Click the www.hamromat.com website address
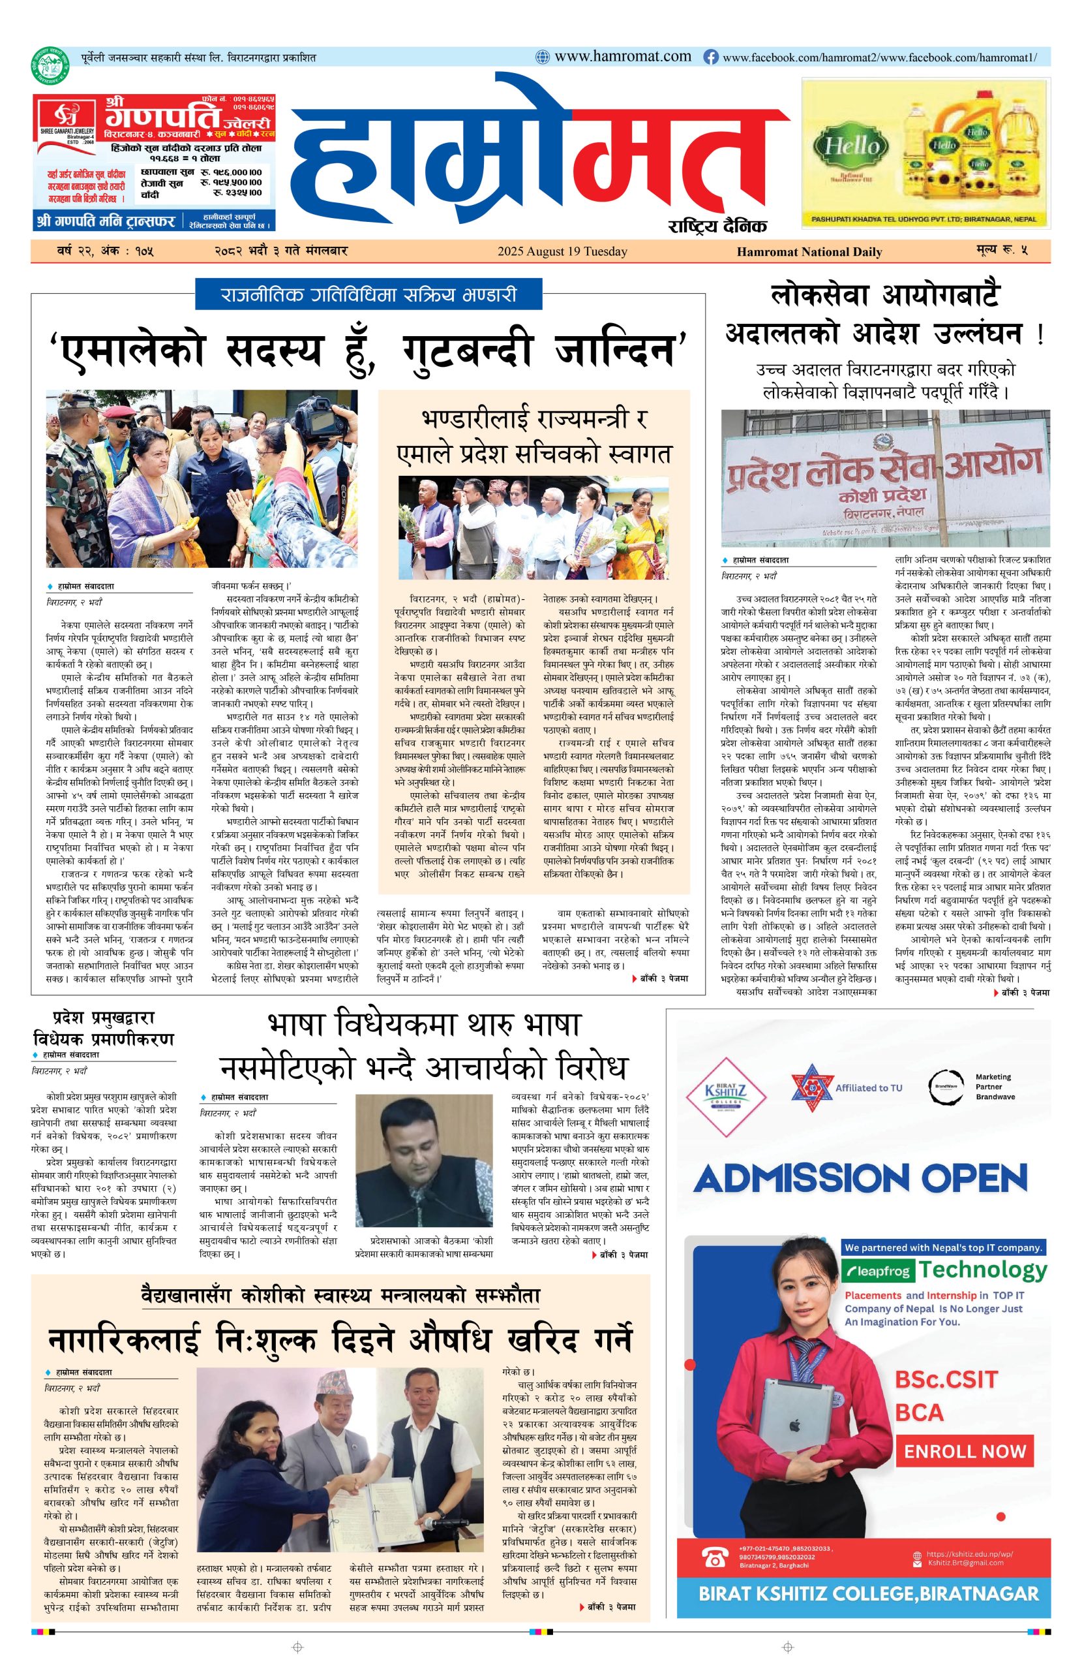pyautogui.click(x=622, y=57)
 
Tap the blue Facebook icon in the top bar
pyautogui.click(x=711, y=57)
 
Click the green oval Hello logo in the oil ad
pyautogui.click(x=850, y=146)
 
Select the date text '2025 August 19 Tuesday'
pyautogui.click(x=562, y=251)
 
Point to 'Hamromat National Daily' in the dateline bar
pyautogui.click(x=809, y=251)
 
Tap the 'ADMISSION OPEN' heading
pyautogui.click(x=860, y=1179)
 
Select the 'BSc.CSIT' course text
pyautogui.click(x=944, y=1380)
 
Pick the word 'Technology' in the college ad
pyautogui.click(x=982, y=1270)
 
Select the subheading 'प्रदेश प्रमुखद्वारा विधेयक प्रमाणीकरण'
pyautogui.click(x=103, y=1028)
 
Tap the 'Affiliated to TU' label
pyautogui.click(x=868, y=1087)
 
